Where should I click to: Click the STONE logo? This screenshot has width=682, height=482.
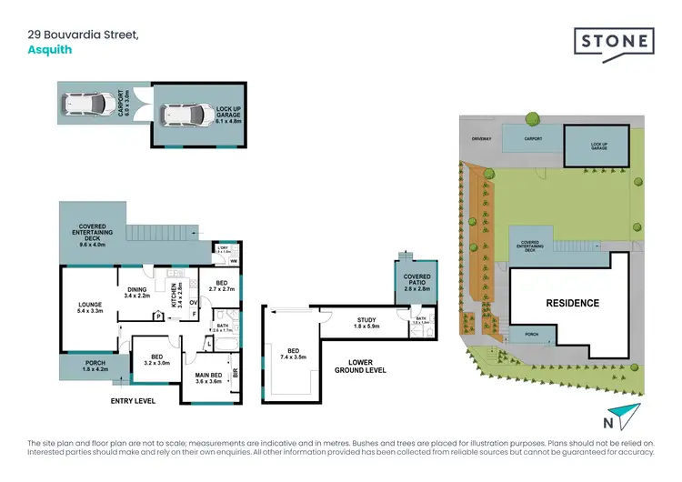click(614, 42)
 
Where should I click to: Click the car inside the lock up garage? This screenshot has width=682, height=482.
click(183, 115)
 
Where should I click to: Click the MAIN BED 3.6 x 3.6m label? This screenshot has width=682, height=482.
click(210, 378)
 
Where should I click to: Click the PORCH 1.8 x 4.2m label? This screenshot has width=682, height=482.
click(95, 367)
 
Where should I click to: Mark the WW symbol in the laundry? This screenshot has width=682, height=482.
click(234, 262)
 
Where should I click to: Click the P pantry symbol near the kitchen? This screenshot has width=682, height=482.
click(159, 316)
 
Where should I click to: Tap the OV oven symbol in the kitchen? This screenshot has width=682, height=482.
click(194, 301)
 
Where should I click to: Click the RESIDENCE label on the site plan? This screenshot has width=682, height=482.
click(572, 303)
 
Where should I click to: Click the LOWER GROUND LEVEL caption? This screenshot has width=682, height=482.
click(360, 367)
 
